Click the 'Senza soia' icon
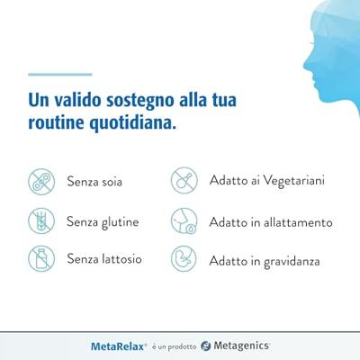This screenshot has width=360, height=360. click(40, 181)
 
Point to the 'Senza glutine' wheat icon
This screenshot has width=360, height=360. click(40, 220)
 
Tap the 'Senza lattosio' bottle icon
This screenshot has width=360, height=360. click(40, 258)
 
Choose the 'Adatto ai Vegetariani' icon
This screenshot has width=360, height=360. click(184, 181)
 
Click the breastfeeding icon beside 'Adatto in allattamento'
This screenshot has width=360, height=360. click(184, 220)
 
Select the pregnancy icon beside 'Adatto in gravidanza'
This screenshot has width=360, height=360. click(184, 259)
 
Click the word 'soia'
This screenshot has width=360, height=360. click(111, 182)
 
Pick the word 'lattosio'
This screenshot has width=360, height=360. click(121, 259)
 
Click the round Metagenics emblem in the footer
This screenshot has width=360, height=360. click(205, 345)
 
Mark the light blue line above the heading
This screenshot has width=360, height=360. click(59, 74)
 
